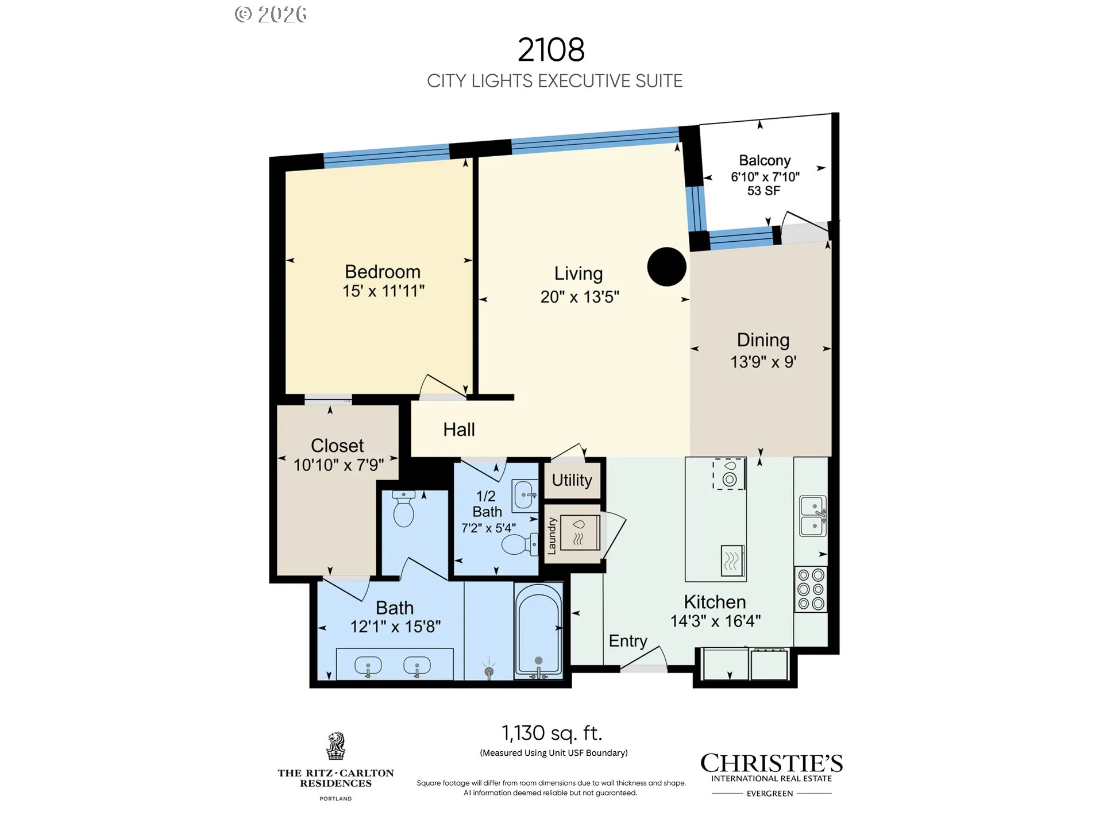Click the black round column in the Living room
click(666, 266)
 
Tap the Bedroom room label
click(383, 272)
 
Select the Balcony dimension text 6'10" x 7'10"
click(765, 177)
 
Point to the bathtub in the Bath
click(538, 630)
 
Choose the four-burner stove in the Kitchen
click(811, 589)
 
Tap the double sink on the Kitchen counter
click(813, 516)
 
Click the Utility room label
click(572, 480)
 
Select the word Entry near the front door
click(628, 641)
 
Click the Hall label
click(459, 430)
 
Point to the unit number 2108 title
click(551, 49)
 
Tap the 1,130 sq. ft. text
click(551, 733)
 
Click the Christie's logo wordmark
click(772, 763)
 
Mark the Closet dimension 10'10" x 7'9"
click(338, 465)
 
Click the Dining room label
click(763, 340)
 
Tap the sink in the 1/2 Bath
click(526, 494)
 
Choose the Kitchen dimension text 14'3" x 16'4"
click(715, 621)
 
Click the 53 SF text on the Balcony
click(763, 191)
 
